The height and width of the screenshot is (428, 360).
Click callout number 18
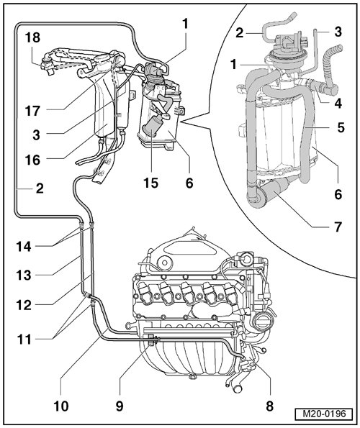pos(33,37)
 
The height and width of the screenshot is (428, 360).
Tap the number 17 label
pos(32,111)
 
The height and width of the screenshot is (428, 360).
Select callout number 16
pos(32,160)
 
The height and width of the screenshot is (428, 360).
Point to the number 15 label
pos(150,183)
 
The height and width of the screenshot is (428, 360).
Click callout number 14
pos(24,247)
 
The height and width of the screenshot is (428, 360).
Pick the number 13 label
pos(24,275)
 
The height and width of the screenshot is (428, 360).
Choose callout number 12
pos(24,305)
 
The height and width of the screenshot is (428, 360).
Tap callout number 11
pos(24,340)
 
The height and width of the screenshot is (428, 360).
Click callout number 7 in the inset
pos(338,227)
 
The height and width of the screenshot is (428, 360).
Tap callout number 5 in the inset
pos(341,127)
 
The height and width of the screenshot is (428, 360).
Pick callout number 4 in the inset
pos(338,103)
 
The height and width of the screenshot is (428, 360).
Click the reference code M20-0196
pos(324,414)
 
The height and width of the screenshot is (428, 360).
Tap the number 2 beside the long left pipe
pos(40,188)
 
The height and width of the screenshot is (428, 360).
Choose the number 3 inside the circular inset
pos(338,32)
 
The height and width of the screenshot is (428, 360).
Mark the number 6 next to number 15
pos(189,183)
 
